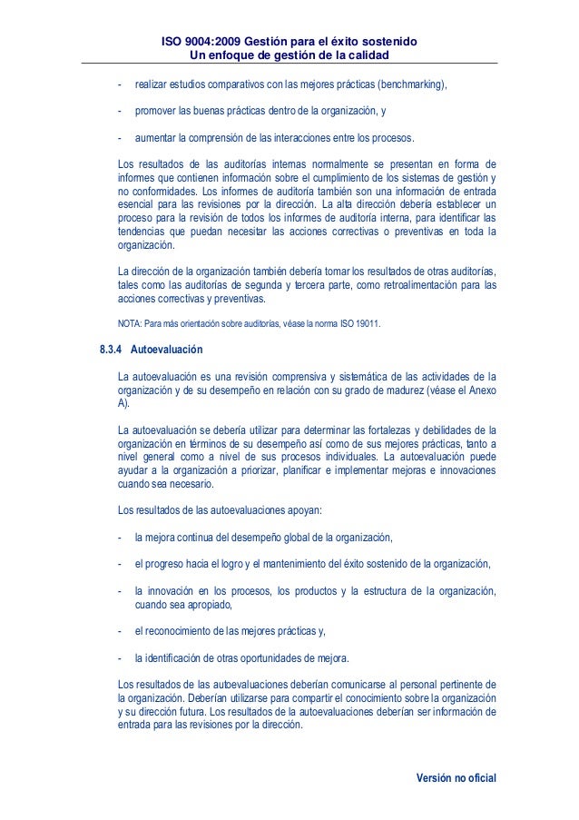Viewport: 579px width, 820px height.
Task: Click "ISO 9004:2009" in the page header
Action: pyautogui.click(x=204, y=42)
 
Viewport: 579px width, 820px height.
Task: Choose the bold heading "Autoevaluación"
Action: pyautogui.click(x=167, y=349)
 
